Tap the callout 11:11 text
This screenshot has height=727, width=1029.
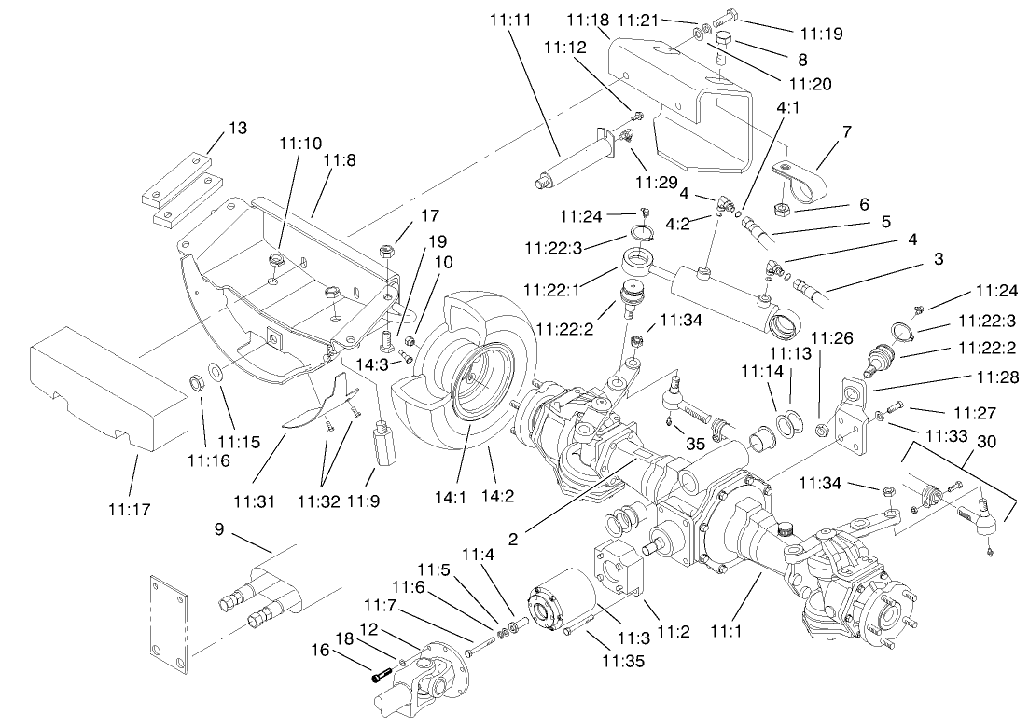pos(508,18)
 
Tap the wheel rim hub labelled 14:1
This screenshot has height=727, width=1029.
pos(476,373)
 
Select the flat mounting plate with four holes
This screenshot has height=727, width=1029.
pos(170,621)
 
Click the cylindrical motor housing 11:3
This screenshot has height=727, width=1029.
pos(563,607)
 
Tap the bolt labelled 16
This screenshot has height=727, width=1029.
pos(382,678)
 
